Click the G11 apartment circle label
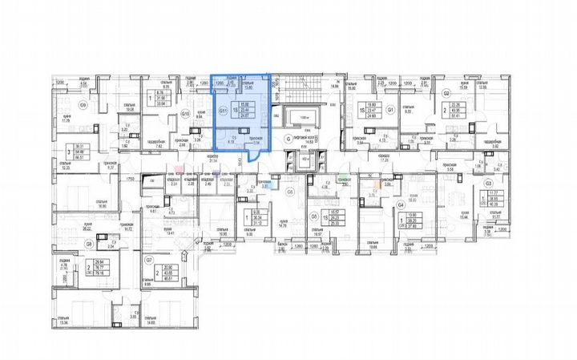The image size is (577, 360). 224,111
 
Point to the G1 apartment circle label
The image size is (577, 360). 390,110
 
